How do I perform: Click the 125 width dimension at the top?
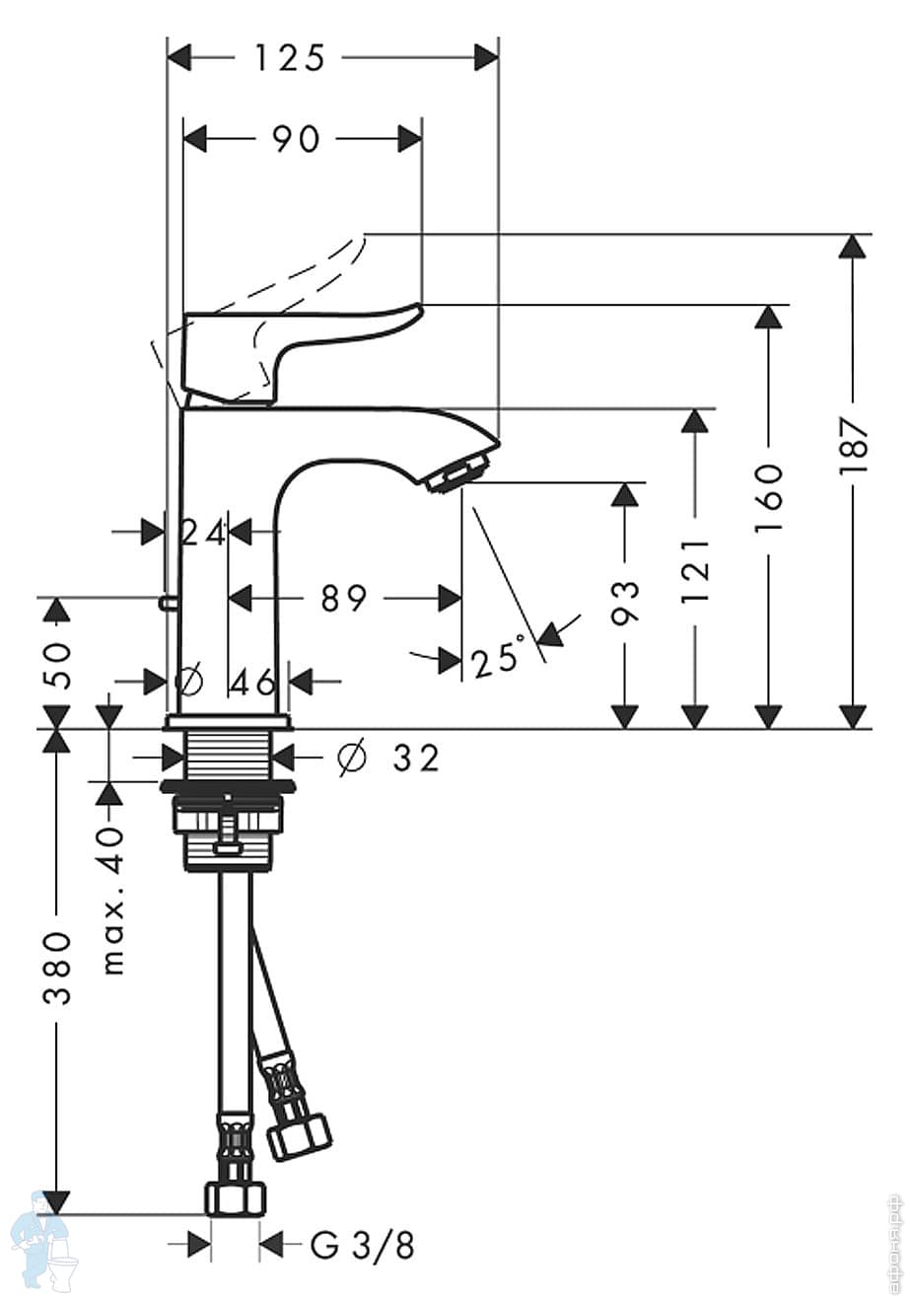(x=290, y=58)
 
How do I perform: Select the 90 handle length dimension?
(x=297, y=139)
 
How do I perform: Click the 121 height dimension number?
(x=696, y=571)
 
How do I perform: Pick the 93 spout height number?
(x=625, y=602)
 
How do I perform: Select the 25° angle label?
(x=498, y=657)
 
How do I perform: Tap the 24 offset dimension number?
(x=204, y=533)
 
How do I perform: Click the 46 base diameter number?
(x=252, y=681)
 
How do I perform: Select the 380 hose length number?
(x=58, y=967)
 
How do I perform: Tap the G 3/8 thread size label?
(x=362, y=1246)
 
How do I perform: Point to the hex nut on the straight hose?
(x=237, y=1197)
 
